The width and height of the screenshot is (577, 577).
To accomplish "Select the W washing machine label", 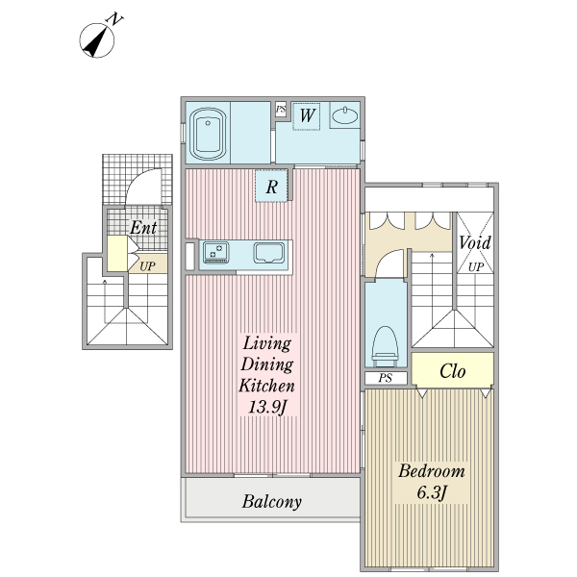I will click(x=307, y=116).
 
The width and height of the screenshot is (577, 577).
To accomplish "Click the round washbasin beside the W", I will click(x=344, y=117).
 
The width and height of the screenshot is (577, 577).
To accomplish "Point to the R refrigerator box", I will click(x=272, y=188).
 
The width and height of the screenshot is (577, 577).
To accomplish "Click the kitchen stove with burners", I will click(x=216, y=254).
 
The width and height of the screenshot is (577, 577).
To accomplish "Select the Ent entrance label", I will click(x=143, y=228).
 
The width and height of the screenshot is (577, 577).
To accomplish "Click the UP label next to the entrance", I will click(x=148, y=265).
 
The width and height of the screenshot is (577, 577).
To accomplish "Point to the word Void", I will click(x=474, y=242).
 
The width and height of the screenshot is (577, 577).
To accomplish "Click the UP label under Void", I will click(x=475, y=266).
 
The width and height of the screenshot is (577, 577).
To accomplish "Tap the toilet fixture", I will click(x=385, y=342).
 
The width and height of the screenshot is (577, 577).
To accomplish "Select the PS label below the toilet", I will click(x=385, y=378).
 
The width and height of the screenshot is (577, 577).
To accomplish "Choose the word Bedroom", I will click(x=432, y=471).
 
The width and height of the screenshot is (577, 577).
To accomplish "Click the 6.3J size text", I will click(x=432, y=494).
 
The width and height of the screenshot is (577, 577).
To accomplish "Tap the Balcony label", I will click(x=272, y=501).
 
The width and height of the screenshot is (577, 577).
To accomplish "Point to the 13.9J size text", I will click(x=266, y=408).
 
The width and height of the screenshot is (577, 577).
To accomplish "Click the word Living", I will click(x=266, y=342).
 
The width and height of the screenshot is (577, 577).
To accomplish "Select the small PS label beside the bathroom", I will click(x=281, y=110).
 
